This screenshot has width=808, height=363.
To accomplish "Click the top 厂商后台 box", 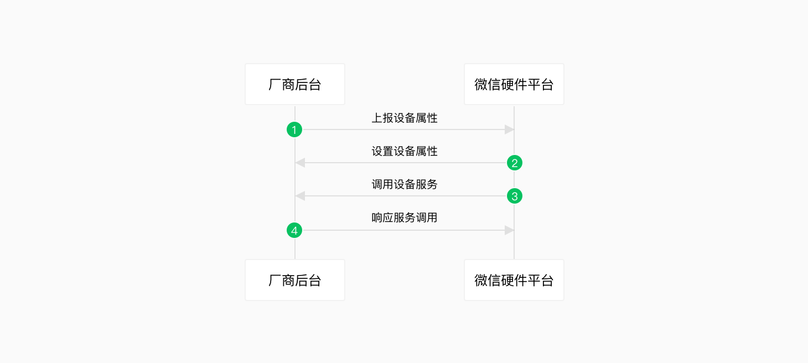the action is point(295,84).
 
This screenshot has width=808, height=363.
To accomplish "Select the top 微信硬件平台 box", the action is point(514,84).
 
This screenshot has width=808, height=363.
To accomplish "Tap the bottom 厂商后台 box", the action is point(295,280).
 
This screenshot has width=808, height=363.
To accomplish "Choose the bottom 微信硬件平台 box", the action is point(514,280).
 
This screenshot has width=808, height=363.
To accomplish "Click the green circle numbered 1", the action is point(294,129).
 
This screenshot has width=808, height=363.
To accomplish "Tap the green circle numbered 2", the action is point(515,163).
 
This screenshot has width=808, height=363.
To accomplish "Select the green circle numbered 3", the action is point(515,196).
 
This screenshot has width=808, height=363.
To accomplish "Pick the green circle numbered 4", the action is point(294,230).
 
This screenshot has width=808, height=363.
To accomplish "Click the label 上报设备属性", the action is point(405,118).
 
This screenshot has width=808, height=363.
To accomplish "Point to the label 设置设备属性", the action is point(405,151).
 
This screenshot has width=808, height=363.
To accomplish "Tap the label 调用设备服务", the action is point(405,184).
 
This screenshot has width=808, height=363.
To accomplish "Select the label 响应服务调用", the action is point(405,217).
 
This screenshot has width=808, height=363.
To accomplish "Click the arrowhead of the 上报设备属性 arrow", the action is point(509,129).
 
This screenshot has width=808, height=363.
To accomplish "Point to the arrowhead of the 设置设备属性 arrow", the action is point(300,163).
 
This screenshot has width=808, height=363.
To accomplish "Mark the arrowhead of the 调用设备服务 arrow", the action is point(300,196).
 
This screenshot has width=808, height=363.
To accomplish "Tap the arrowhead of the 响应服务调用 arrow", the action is point(509,230).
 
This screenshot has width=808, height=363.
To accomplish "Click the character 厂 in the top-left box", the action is point(274,85).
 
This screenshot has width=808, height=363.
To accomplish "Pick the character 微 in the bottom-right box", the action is point(481,281).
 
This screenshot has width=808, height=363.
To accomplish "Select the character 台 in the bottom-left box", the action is point(314,281).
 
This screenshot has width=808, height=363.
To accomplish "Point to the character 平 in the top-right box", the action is point(534,85).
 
